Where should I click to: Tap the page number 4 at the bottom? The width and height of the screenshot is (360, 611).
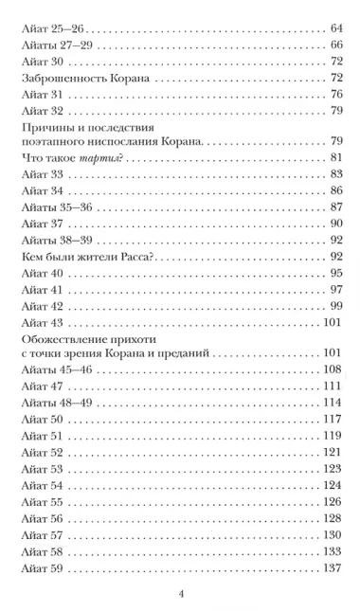point(180,594)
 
